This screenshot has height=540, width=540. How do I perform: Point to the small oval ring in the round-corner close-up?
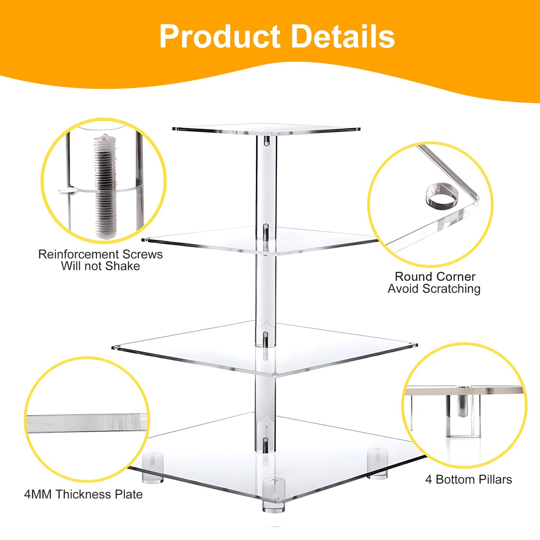click(x=442, y=195)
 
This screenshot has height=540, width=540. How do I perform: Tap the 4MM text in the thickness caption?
click(x=38, y=494)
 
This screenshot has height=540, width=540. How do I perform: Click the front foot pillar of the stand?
click(x=273, y=495)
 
